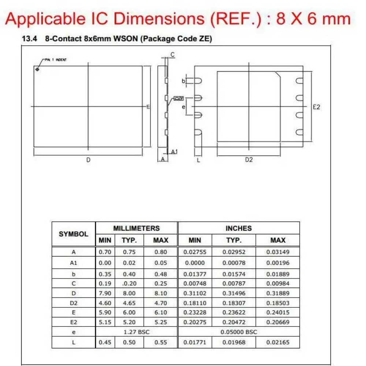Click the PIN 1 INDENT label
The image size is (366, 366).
tap(56, 60)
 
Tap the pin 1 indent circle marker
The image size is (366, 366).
tap(37, 68)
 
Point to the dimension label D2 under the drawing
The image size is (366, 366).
tap(249, 160)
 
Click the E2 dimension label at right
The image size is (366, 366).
tap(317, 107)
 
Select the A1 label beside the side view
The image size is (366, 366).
tap(175, 152)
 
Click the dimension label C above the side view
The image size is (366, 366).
tap(172, 55)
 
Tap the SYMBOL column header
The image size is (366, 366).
tap(74, 234)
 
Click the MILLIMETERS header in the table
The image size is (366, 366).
tap(136, 228)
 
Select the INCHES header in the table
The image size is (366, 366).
tap(239, 228)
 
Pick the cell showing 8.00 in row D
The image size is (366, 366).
tap(129, 293)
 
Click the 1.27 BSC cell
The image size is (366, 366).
tap(136, 332)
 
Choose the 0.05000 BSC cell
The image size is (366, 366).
tap(239, 332)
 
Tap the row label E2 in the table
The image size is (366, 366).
tap(74, 322)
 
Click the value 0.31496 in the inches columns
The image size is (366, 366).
tap(234, 293)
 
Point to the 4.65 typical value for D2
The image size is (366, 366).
tap(129, 303)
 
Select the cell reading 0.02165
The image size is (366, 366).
tap(278, 342)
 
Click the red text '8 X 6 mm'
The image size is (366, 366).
tap(314, 18)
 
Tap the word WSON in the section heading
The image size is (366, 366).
tap(126, 38)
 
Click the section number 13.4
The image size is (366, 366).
tap(30, 38)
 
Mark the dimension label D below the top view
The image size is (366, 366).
tap(88, 160)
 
